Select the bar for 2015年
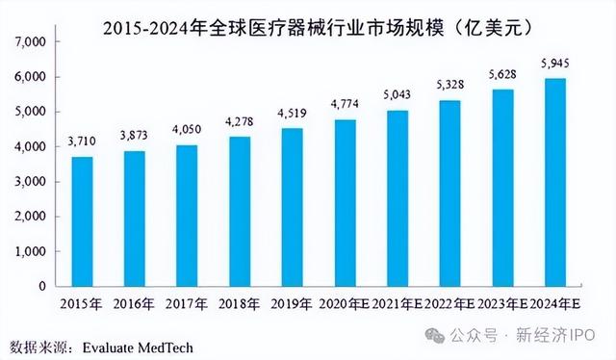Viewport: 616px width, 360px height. [83, 220]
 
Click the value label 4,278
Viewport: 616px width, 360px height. [241, 120]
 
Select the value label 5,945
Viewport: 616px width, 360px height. [554, 63]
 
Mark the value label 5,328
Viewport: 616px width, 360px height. [449, 84]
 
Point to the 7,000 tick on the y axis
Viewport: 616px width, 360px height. [32, 42]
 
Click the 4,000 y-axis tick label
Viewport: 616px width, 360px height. [32, 147]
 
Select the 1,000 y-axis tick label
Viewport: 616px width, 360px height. [32, 251]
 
